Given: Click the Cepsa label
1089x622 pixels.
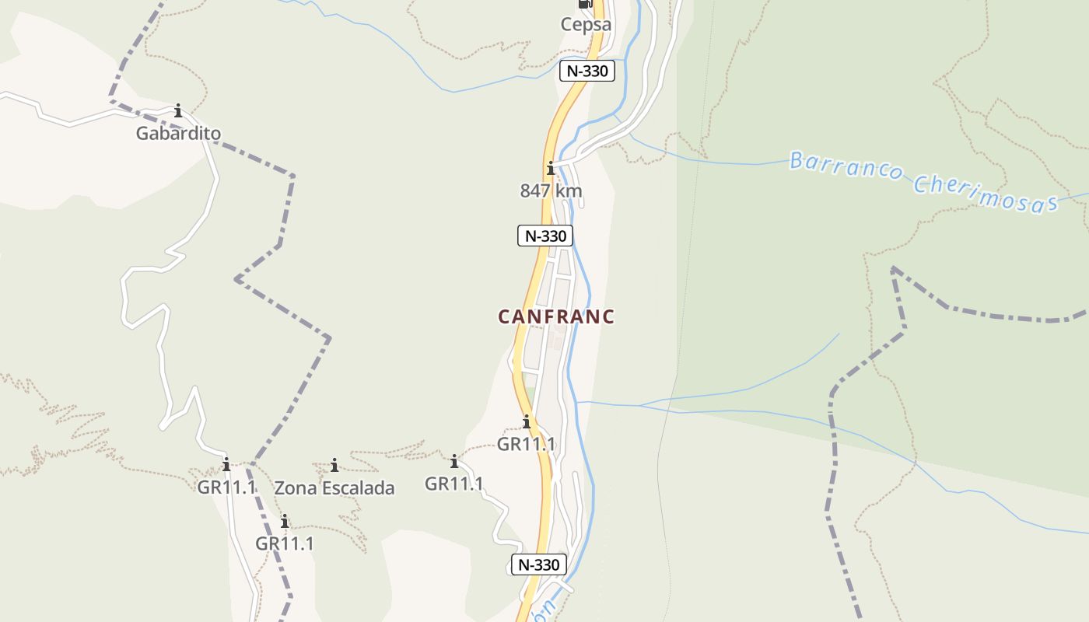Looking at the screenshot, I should click(586, 25).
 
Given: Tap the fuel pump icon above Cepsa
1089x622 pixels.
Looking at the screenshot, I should click(585, 4).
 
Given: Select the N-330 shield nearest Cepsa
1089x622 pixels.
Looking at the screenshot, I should click(587, 72).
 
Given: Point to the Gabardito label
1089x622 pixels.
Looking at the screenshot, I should click(178, 134).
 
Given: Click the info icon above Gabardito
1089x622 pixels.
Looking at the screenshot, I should click(178, 110).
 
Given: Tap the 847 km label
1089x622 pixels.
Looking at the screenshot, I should click(551, 191).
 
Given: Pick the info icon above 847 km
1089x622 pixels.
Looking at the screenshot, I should click(551, 168).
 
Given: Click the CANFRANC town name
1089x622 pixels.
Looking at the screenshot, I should click(556, 317).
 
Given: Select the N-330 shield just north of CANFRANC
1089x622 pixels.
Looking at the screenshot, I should click(545, 236).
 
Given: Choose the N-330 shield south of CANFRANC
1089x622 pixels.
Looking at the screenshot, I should click(539, 564).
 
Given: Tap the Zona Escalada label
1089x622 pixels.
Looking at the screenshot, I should click(334, 488).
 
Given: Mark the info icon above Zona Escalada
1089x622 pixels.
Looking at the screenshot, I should click(334, 465).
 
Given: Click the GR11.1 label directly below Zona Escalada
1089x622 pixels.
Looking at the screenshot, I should click(285, 543).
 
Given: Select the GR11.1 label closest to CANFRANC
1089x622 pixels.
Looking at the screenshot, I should click(527, 445).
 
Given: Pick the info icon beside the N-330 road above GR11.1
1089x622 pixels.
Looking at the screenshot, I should click(527, 422).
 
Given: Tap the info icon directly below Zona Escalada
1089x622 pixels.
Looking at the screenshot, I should click(285, 521).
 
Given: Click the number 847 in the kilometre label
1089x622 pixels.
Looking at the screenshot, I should click(534, 191).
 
